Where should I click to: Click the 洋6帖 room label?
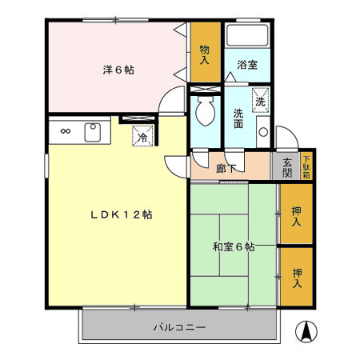point(118,70)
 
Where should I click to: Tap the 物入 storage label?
point(205,54)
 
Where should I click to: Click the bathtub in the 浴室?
point(247,37)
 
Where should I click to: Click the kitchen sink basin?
point(92,131)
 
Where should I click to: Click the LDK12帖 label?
point(122,214)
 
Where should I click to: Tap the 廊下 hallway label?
point(226,169)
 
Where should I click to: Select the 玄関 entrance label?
point(287,167)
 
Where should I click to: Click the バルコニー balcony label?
point(180,328)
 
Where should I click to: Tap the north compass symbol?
point(306,329)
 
